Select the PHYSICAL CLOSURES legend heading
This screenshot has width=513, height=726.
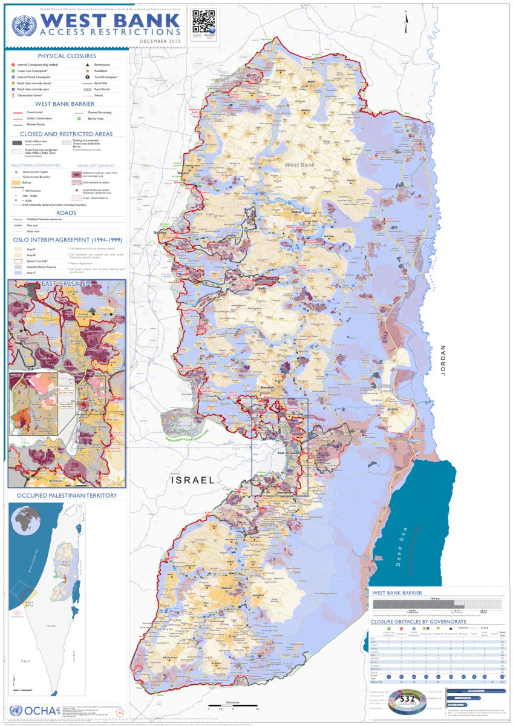click(x=67, y=56)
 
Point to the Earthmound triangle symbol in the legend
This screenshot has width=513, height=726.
click(x=88, y=64)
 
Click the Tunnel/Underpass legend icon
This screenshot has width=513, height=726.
click(x=88, y=78)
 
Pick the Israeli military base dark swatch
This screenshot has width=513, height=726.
click(x=17, y=142)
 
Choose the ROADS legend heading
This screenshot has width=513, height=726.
click(x=66, y=213)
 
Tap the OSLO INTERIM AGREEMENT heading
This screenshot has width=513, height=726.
click(x=66, y=240)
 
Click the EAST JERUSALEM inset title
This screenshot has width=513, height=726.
click(x=67, y=283)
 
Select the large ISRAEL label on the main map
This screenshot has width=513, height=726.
click(x=192, y=480)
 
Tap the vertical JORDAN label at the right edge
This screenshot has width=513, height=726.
click(x=443, y=360)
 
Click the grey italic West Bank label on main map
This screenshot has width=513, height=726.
click(x=299, y=165)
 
